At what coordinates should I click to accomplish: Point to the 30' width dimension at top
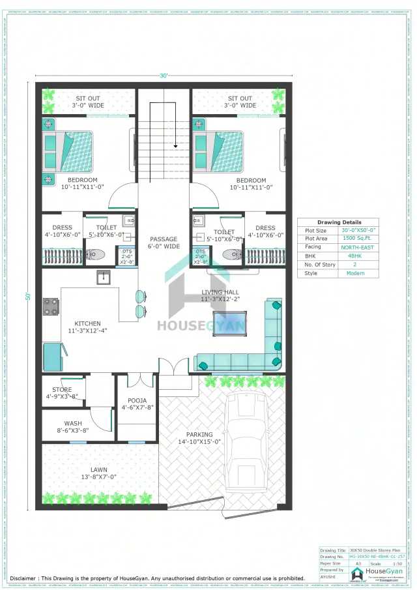click(x=164, y=76)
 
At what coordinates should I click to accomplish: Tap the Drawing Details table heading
click(x=339, y=222)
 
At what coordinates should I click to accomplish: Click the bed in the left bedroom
click(x=68, y=150)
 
